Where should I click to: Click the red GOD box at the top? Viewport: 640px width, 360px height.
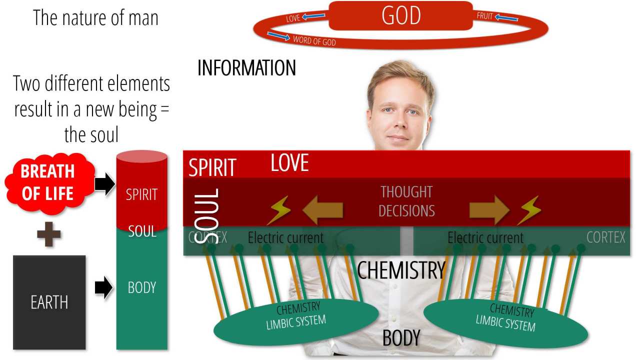click(400, 15)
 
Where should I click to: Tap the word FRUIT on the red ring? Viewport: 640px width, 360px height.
click(485, 16)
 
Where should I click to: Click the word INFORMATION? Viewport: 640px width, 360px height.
click(246, 68)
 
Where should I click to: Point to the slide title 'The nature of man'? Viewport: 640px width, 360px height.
click(95, 17)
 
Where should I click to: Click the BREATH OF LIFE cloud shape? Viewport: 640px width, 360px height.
click(48, 182)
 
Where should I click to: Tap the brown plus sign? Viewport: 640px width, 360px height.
click(49, 234)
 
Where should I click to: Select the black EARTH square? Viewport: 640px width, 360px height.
click(49, 302)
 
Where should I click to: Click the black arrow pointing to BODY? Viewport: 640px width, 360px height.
click(103, 288)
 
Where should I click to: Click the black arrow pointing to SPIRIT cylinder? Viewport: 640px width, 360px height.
click(104, 184)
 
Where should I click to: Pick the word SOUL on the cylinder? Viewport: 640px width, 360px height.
click(142, 231)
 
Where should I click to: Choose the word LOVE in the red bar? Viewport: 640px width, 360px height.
click(289, 163)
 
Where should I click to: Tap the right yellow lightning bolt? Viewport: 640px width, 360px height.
click(528, 210)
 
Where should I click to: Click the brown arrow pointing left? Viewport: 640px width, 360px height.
click(322, 210)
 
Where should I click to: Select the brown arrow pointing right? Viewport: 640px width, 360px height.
click(489, 210)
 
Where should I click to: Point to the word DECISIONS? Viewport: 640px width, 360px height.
click(406, 211)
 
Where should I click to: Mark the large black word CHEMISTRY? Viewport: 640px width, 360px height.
click(401, 270)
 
